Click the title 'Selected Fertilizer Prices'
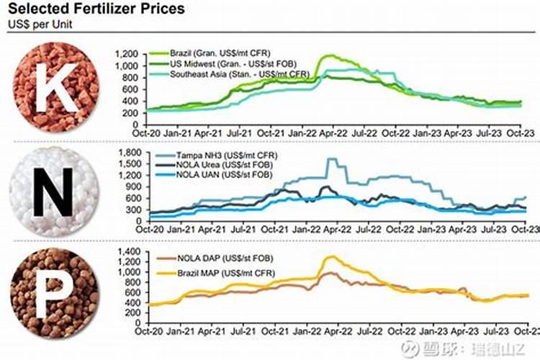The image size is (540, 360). click(96, 9)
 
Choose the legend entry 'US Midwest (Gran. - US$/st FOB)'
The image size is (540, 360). click(231, 64)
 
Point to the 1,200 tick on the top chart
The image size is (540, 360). click(127, 55)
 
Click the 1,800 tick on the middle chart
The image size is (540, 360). click(127, 152)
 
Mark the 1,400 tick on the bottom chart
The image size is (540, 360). click(127, 251)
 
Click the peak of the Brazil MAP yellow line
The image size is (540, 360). click(330, 256)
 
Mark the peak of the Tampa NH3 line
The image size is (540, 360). click(330, 159)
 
